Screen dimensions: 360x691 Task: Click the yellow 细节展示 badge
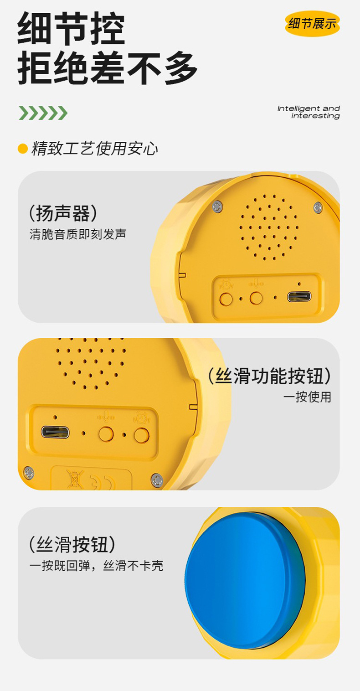click(312, 23)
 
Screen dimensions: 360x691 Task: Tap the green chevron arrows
click(43, 113)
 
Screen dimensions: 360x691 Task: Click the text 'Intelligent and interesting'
click(309, 112)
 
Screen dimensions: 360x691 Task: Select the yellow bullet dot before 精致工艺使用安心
click(23, 149)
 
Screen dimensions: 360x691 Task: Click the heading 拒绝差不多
click(108, 68)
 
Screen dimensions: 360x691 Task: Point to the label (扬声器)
click(63, 213)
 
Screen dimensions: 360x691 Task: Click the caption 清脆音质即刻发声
click(78, 234)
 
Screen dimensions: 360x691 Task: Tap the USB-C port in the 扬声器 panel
click(299, 297)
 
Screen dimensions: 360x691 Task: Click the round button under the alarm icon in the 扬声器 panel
click(226, 299)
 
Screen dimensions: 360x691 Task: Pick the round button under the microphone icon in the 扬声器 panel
click(256, 298)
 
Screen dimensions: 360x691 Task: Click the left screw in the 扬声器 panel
click(217, 206)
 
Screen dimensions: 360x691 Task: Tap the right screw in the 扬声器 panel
click(318, 207)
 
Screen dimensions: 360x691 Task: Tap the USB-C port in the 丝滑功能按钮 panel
click(55, 432)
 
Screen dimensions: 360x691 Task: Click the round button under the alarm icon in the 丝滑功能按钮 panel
click(142, 435)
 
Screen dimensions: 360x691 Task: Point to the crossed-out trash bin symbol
click(75, 480)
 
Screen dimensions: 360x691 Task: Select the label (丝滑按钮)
click(72, 545)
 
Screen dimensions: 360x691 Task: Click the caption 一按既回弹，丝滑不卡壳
click(96, 566)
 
